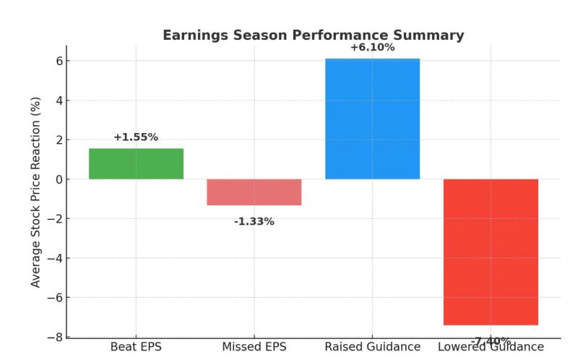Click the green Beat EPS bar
136,163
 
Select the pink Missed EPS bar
254,192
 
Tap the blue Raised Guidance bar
372,119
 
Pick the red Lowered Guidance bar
491,252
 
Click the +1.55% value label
136,137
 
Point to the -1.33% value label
254,222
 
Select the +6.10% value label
372,48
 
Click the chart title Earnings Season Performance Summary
313,35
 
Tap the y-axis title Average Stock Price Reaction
36,192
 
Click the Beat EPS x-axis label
136,347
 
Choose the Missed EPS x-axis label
254,347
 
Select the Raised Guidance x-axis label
372,347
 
